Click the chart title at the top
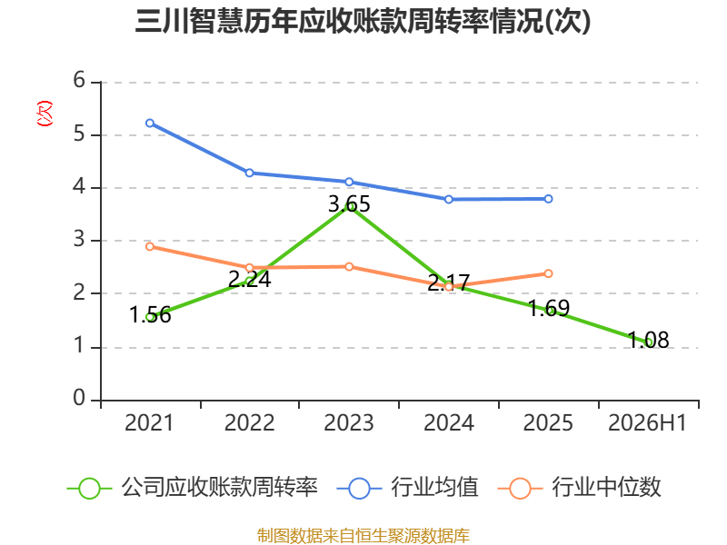363,21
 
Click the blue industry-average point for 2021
150,124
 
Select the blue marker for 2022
249,173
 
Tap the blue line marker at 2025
549,199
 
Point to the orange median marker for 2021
150,246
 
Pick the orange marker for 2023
349,266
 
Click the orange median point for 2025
549,273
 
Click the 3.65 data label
349,203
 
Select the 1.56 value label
150,315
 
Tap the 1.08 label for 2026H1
648,340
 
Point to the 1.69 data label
549,308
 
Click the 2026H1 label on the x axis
647,423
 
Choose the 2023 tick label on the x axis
349,423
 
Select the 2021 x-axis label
149,423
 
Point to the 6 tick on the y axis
79,80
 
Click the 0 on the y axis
79,398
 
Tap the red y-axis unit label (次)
45,114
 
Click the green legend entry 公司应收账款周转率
193,488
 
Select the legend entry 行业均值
407,488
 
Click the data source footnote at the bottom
363,536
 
